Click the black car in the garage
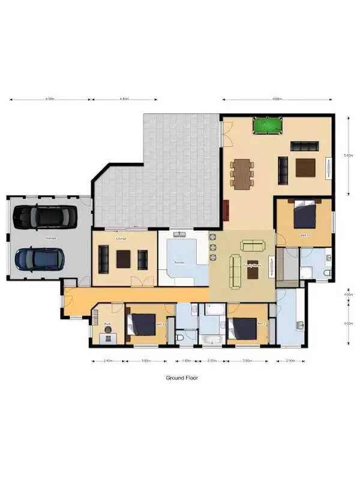pos(46,217)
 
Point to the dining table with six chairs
pos(242,174)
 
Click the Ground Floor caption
pos(182,378)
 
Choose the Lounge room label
pos(121,239)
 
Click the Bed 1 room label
pos(304,236)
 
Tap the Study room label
pos(107,325)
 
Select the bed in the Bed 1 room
pos(304,215)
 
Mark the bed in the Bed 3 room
pos(142,325)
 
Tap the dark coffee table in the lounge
pos(124,259)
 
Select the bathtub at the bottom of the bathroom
pos(212,340)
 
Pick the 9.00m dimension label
pos(277,99)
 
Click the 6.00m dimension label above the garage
pos(50,99)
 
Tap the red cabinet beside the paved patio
pos(226,211)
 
